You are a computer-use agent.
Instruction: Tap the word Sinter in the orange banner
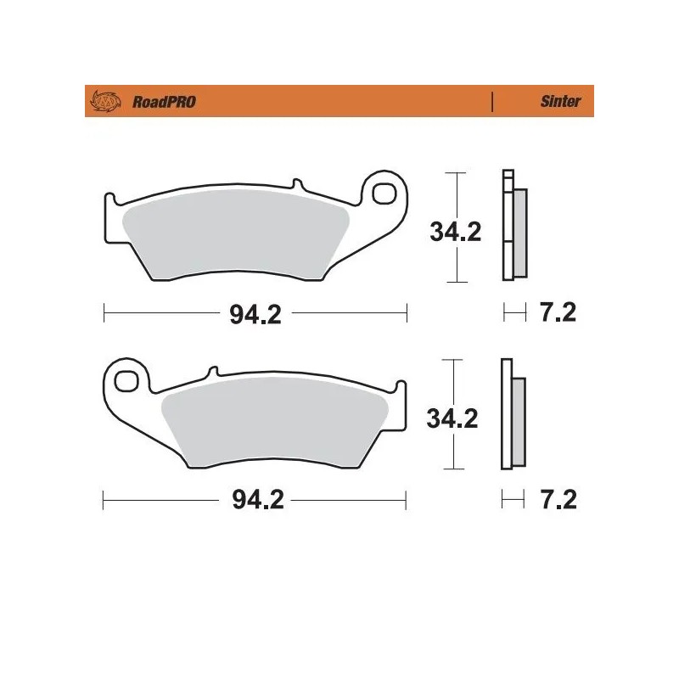560,102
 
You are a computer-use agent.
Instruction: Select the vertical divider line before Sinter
492,102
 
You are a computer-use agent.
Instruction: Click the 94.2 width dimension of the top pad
255,314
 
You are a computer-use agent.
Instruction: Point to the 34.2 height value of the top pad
455,231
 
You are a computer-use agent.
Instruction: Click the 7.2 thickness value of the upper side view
558,313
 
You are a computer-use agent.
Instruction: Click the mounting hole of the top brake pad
387,191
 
